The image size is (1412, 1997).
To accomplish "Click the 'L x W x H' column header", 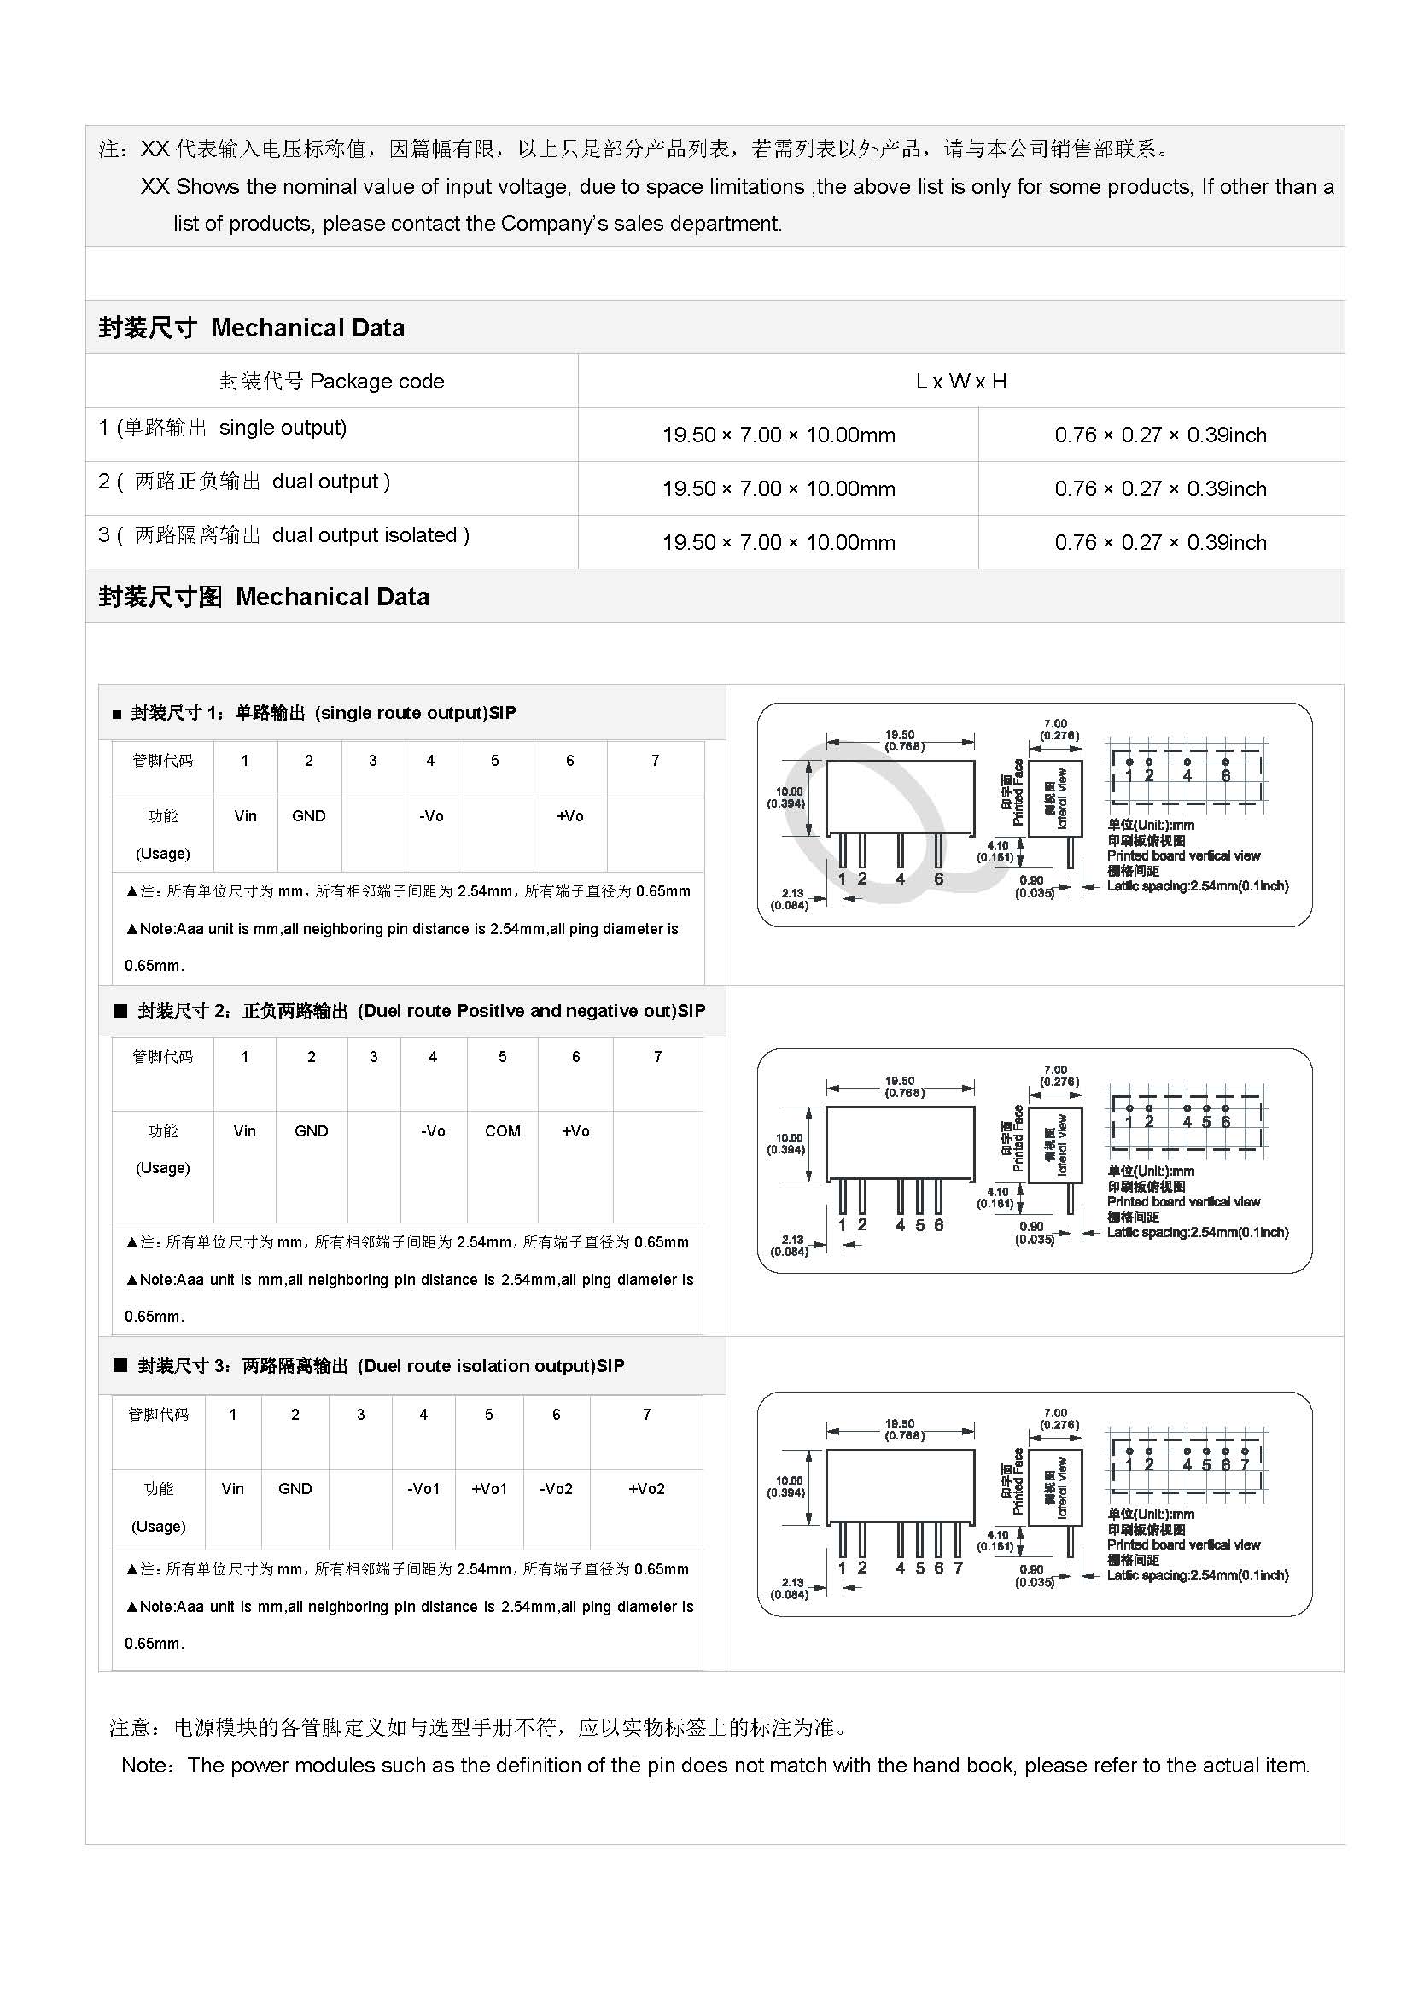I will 960,381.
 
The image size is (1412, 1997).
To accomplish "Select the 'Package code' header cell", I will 331,381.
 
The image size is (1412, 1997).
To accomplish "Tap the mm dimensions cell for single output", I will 779,435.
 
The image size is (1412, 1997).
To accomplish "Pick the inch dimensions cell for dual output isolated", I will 1160,543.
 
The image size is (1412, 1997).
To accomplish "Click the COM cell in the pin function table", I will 503,1130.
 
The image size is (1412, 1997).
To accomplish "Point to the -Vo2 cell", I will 557,1488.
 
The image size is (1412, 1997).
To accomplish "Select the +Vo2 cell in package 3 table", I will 646,1488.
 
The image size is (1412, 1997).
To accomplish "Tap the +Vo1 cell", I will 488,1488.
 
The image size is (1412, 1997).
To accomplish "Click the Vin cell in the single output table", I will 245,816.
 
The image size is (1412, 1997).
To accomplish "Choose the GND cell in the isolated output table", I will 295,1488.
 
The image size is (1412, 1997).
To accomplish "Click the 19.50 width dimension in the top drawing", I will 900,735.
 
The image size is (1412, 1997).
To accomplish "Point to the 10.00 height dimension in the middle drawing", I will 790,1137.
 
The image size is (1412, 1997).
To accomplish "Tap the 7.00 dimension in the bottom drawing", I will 1055,1413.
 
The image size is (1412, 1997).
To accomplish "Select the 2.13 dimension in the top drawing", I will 792,893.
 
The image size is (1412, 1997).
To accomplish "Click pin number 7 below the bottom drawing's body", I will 958,1568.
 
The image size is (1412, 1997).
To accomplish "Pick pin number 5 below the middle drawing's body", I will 920,1224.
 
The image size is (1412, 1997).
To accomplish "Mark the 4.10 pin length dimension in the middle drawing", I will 997,1193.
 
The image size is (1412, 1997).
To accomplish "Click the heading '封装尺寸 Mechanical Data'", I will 251,328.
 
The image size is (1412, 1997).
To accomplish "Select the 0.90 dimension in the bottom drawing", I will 1031,1569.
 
